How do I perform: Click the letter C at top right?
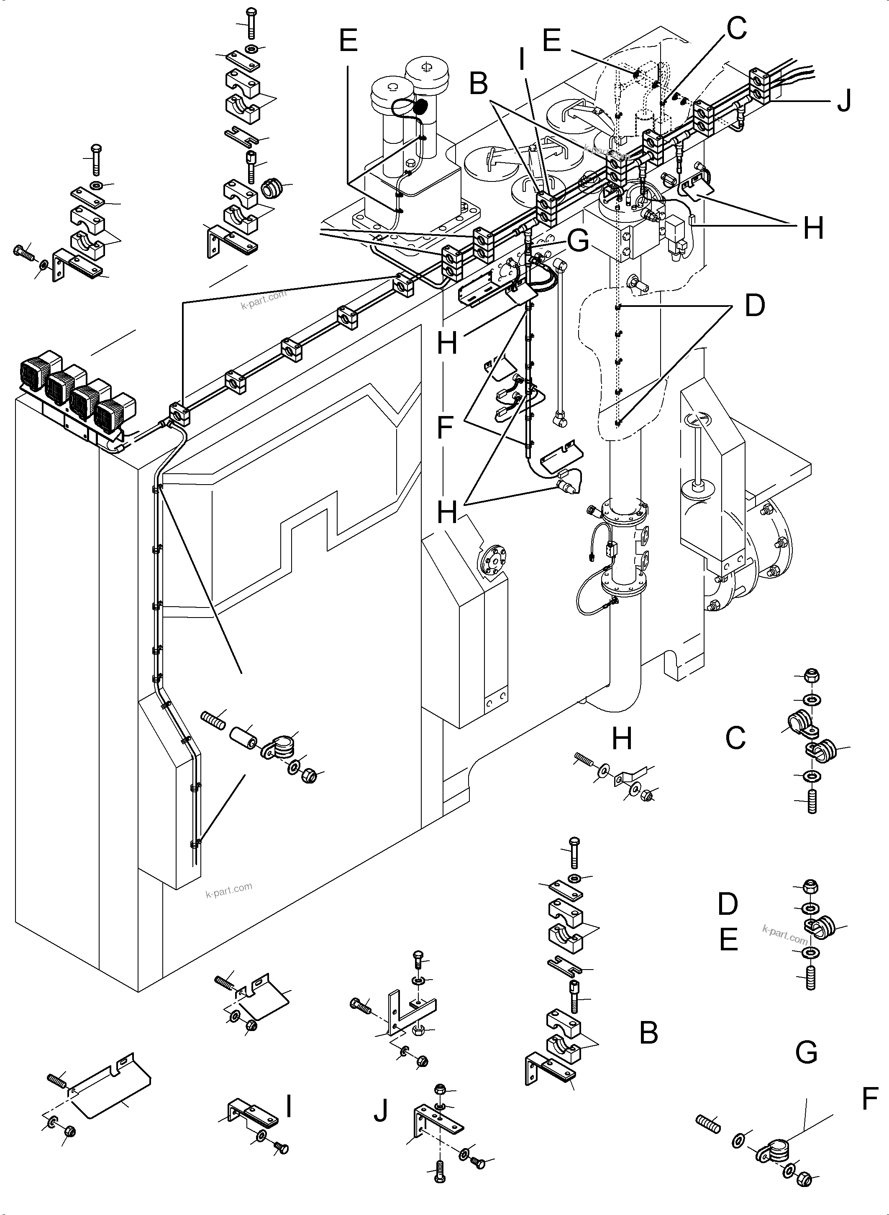736,28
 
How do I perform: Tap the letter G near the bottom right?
806,1052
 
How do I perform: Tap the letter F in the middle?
444,428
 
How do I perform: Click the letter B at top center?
479,84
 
